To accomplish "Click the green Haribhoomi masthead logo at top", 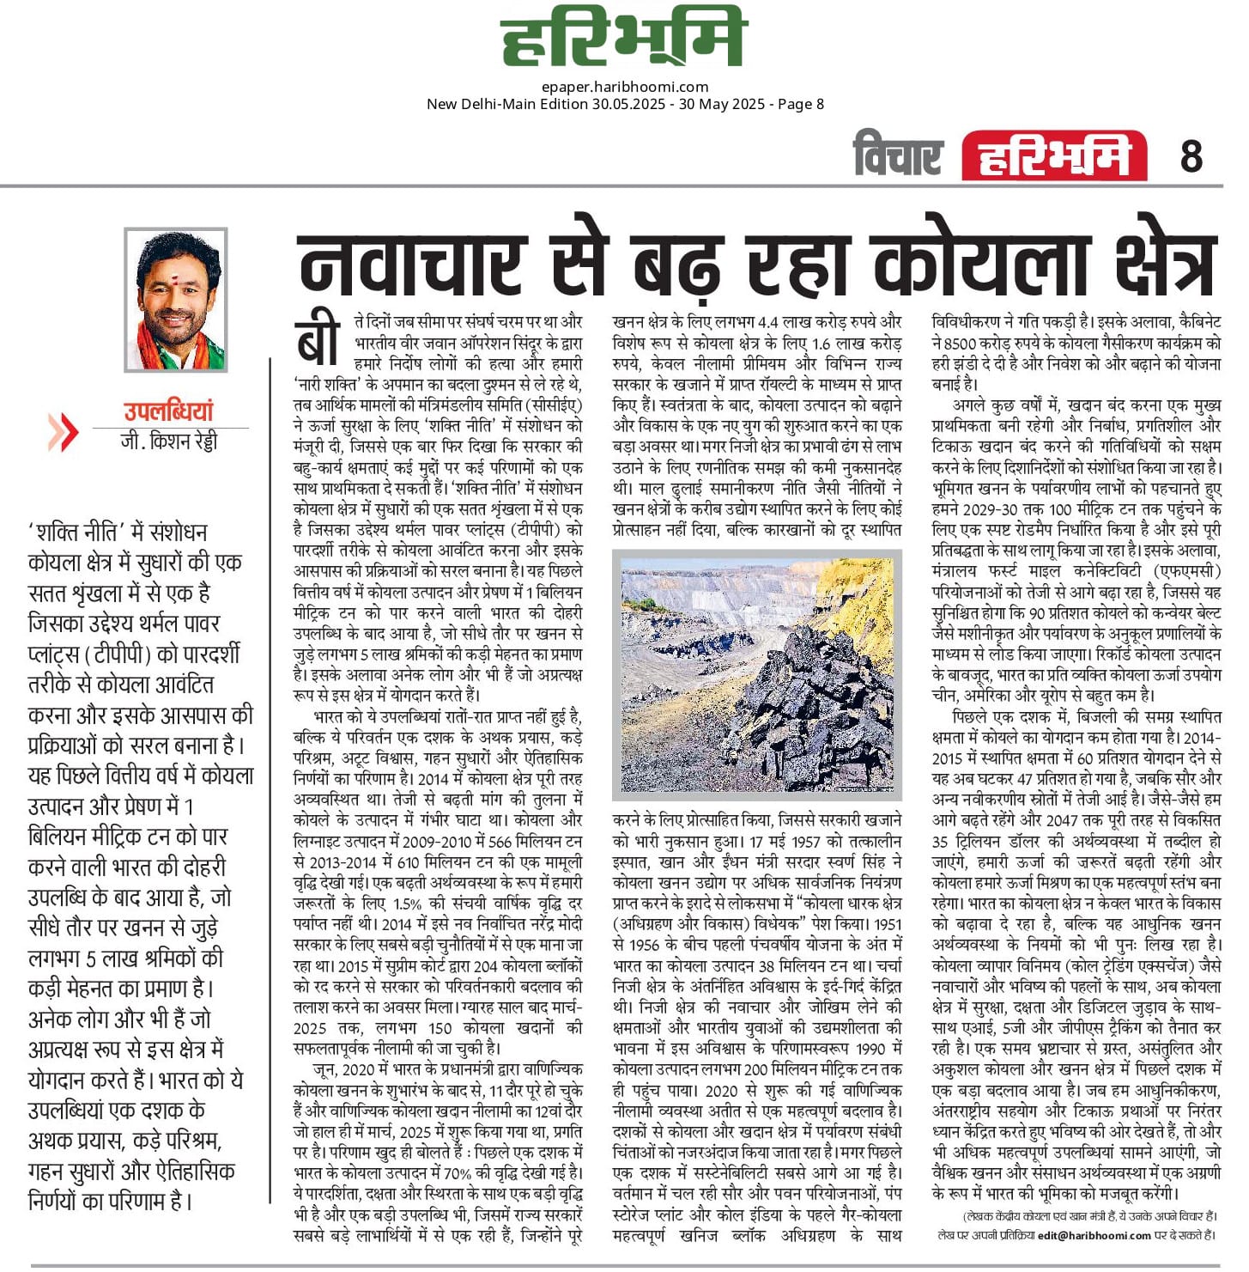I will click(x=624, y=39).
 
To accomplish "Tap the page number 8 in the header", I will click(x=1191, y=156).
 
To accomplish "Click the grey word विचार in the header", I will click(x=898, y=156).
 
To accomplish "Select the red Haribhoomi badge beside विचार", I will click(x=1054, y=157).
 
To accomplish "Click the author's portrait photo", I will click(x=176, y=300).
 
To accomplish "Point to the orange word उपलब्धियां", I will click(x=167, y=411).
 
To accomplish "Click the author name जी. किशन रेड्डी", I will click(x=169, y=441).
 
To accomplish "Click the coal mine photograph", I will click(x=756, y=675).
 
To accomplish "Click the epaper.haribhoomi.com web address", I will click(x=625, y=87).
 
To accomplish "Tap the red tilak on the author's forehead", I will click(x=176, y=258).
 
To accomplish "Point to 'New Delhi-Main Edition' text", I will click(x=506, y=104).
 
